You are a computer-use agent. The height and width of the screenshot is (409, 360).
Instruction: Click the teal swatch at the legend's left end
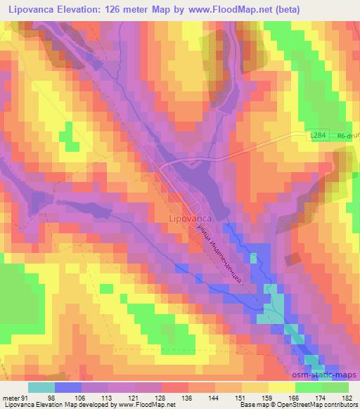click(41, 387)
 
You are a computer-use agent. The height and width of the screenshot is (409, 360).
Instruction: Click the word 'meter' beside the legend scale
click(9, 397)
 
